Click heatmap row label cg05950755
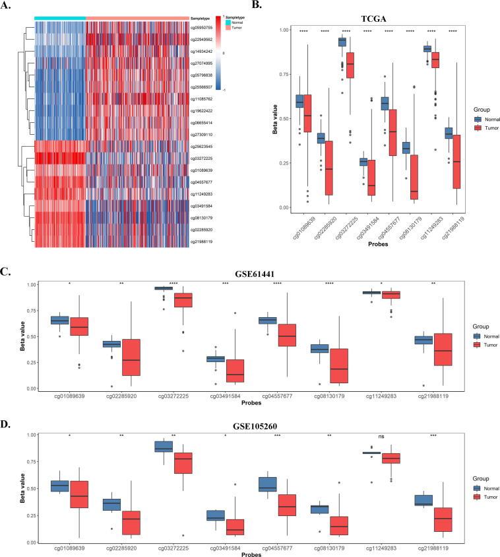click(210, 28)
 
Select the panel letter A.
click(6, 7)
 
